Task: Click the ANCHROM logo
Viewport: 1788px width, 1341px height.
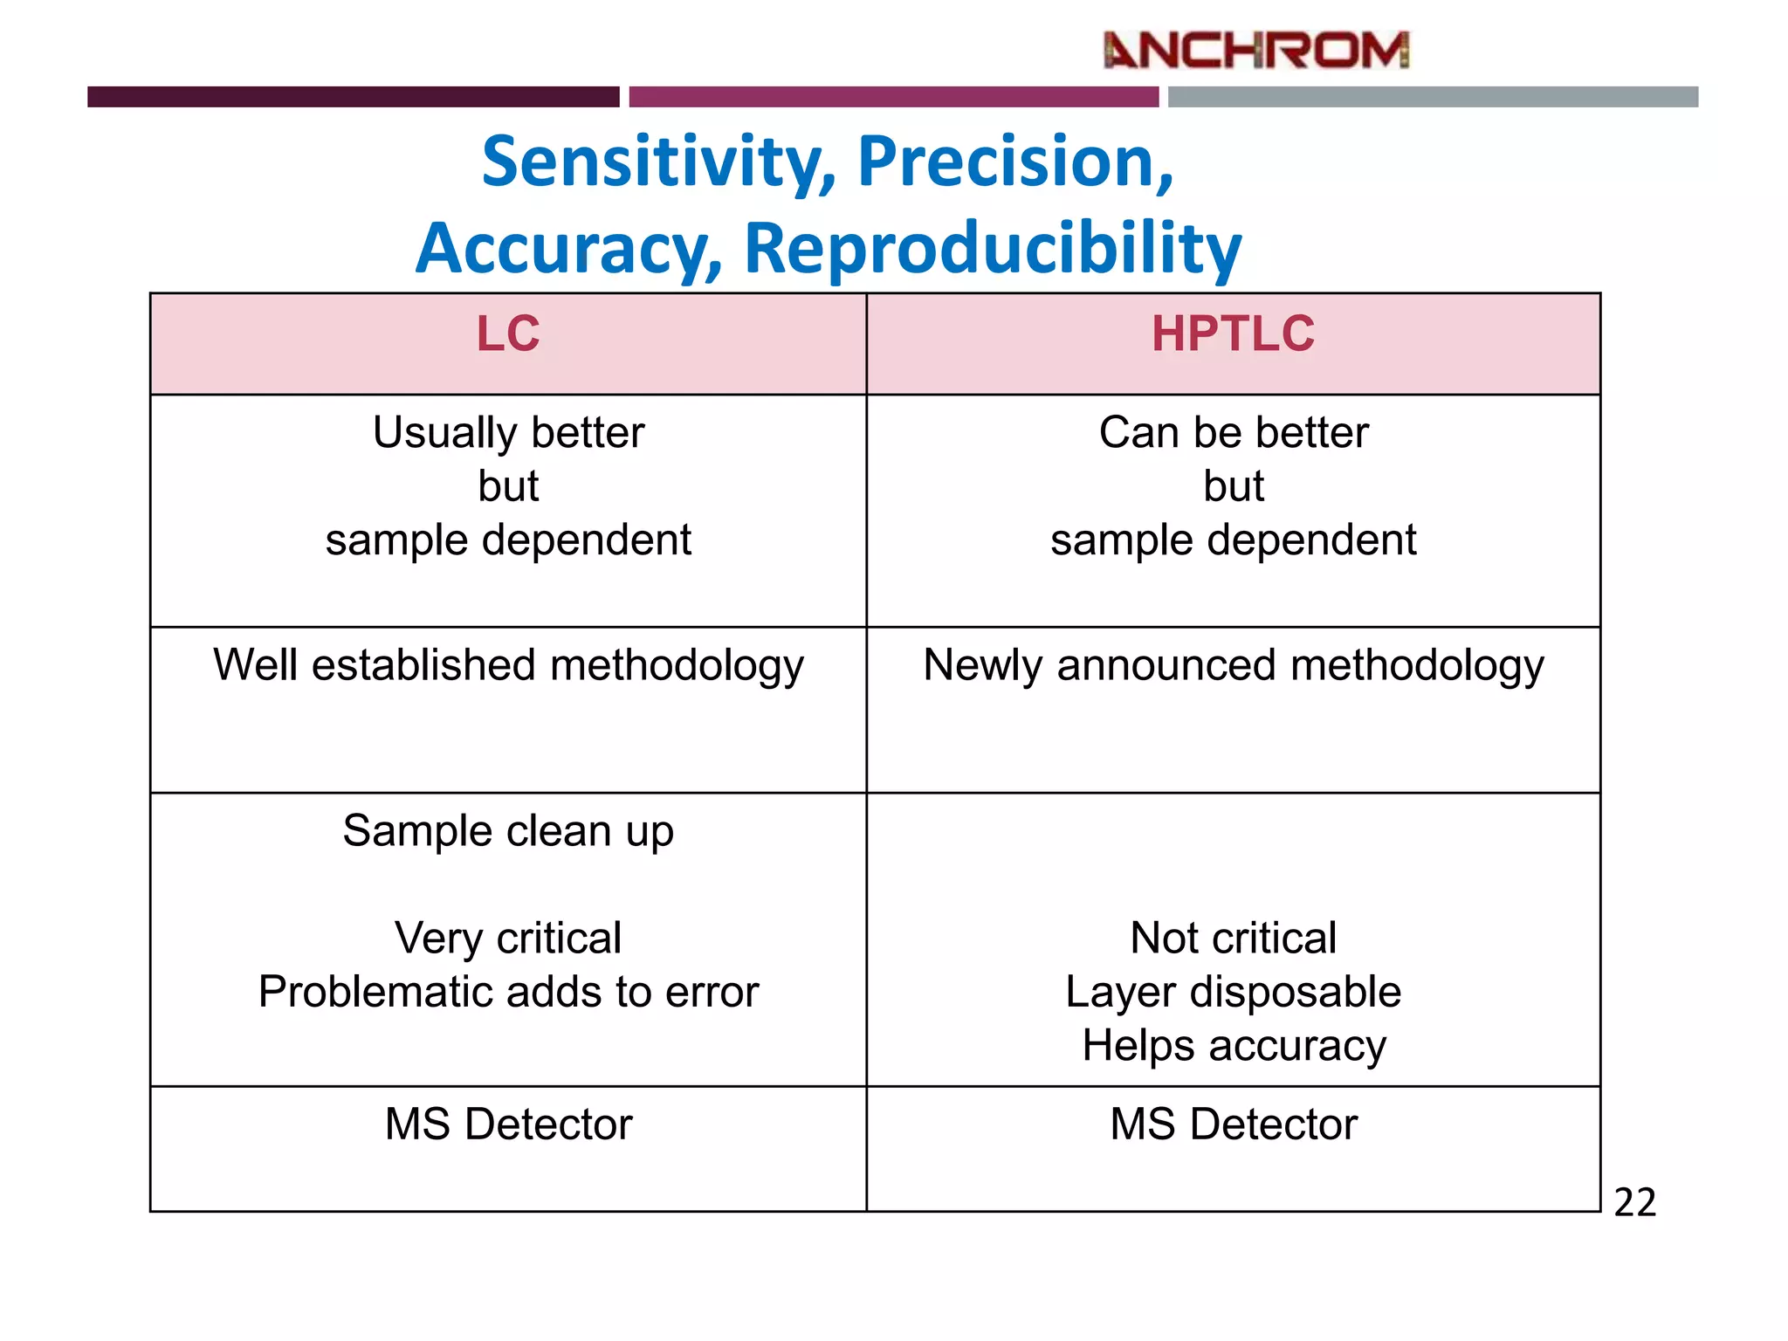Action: coord(1256,50)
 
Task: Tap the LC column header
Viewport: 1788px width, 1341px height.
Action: coord(508,334)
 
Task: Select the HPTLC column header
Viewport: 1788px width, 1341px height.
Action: coord(1233,334)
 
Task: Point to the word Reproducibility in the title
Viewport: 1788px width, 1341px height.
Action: coord(993,250)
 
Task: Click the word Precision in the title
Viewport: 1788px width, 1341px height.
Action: coord(1014,163)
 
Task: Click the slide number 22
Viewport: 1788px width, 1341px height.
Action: coord(1634,1203)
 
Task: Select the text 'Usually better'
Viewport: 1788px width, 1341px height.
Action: coord(508,433)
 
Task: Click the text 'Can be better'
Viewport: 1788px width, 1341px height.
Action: coord(1234,433)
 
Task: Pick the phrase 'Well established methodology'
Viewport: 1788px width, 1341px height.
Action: coord(508,666)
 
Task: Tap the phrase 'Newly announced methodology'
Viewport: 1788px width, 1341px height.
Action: coord(1234,666)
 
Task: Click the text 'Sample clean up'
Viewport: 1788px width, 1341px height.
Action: coord(508,831)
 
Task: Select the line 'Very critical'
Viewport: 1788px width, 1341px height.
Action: coord(508,939)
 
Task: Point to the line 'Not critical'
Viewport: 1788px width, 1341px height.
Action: coord(1234,939)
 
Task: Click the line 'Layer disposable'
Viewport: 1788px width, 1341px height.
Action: coord(1234,993)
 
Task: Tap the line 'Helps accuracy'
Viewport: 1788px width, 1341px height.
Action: coord(1234,1046)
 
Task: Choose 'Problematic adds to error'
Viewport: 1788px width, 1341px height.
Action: coord(508,993)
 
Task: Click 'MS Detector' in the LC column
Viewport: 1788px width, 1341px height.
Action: coord(508,1124)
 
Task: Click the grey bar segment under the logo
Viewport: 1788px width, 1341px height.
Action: coord(1433,97)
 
